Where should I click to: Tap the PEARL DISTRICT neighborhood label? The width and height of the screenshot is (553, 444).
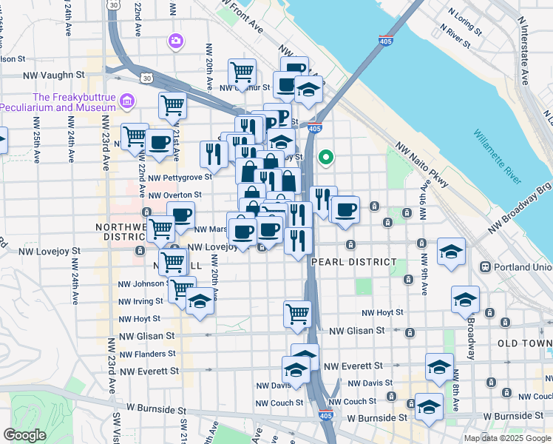(354, 262)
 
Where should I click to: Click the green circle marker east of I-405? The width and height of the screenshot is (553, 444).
(325, 157)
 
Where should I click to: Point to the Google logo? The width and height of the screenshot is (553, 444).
(24, 435)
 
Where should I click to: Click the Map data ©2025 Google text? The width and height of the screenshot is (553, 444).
(507, 438)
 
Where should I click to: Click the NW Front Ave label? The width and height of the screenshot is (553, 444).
(242, 16)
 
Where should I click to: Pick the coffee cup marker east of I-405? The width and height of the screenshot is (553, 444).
(345, 209)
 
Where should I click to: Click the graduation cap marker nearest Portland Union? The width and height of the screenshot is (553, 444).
(451, 251)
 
